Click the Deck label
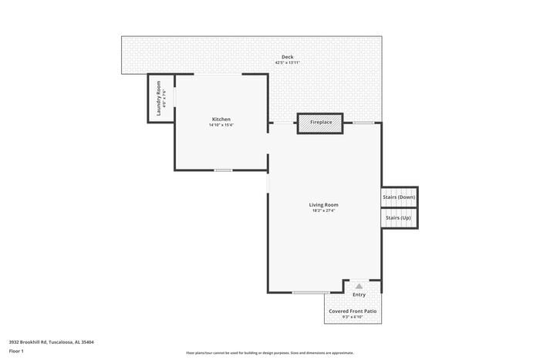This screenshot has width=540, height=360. [x=287, y=57]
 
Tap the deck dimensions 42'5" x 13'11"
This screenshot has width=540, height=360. [x=287, y=62]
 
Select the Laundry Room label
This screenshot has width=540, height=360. [x=158, y=98]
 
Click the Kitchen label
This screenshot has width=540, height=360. [x=221, y=119]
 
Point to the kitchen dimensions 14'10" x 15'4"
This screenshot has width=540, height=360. [x=221, y=125]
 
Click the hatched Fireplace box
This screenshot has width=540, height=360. [x=321, y=123]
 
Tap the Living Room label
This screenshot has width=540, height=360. [x=323, y=204]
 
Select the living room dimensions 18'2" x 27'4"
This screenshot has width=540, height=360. [x=323, y=210]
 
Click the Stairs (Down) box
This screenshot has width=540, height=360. [x=399, y=197]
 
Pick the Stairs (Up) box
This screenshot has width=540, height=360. [x=399, y=218]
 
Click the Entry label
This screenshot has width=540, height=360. [x=359, y=294]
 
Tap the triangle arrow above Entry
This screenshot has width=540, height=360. [x=359, y=285]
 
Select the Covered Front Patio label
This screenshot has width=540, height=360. [x=353, y=311]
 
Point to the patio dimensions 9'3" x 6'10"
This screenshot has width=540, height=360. [x=353, y=317]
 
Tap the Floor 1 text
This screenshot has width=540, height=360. [x=16, y=351]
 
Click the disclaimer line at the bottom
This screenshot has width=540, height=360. [x=269, y=352]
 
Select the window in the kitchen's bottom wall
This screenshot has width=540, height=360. [x=223, y=170]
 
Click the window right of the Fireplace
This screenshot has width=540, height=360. [x=364, y=123]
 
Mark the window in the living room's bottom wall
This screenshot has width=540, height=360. [x=311, y=292]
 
